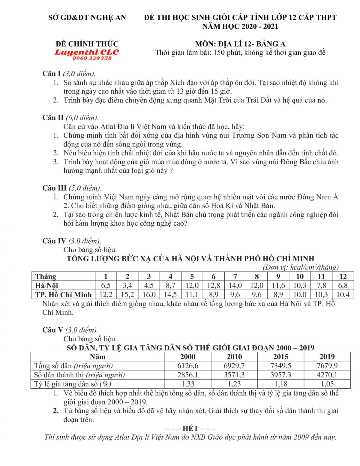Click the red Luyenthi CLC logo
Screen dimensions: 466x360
[87, 52]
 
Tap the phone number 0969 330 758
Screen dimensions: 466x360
[92, 58]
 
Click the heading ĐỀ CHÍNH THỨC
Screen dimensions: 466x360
[87, 44]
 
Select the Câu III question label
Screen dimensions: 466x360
[54, 188]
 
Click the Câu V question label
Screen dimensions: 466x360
[52, 330]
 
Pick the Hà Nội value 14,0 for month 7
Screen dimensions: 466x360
[235, 285]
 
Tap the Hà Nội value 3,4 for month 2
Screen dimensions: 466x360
[127, 285]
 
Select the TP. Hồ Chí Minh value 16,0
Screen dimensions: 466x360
[149, 294]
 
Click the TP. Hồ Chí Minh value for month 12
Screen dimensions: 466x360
[343, 294]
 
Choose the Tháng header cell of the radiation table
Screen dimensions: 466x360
[46, 276]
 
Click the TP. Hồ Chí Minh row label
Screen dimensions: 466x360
[63, 294]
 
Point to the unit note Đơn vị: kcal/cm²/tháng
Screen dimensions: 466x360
[301, 267]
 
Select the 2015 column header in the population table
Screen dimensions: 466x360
[280, 357]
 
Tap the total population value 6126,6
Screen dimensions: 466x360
[188, 366]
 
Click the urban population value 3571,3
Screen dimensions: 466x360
[234, 375]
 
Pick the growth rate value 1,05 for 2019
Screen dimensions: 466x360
[327, 384]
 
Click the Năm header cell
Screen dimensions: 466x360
[97, 357]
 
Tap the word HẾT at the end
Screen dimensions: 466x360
[190, 428]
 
